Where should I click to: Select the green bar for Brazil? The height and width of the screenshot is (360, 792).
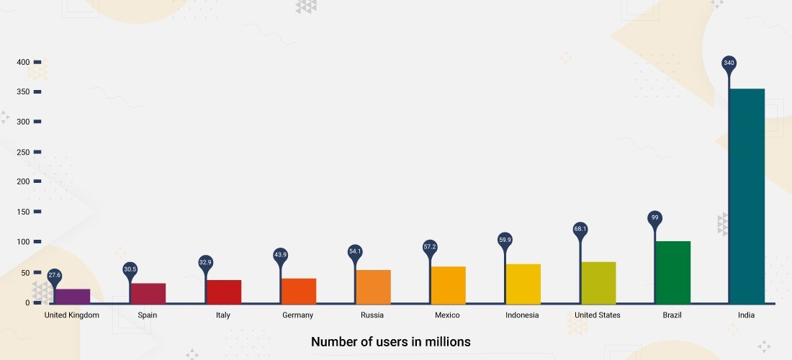(672, 272)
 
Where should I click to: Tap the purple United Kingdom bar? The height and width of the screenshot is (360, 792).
(73, 296)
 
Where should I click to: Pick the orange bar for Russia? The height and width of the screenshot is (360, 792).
(373, 287)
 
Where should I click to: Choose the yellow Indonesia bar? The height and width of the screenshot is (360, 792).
(523, 284)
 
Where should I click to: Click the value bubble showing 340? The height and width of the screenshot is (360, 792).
(729, 63)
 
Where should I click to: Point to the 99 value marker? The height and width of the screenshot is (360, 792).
(654, 217)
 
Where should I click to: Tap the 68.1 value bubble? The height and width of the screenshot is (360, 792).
(580, 229)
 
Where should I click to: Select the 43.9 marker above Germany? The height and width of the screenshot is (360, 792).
(280, 255)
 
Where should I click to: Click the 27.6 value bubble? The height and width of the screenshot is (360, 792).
(55, 275)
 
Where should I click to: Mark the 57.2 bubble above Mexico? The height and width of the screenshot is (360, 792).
(430, 247)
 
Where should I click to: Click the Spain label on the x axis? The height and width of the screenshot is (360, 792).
(147, 315)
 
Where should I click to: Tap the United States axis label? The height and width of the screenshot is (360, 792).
(598, 315)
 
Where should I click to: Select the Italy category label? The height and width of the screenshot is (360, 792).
(223, 315)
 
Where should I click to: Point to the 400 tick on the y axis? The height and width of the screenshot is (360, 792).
(24, 62)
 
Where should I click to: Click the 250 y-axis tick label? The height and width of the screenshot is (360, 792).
(24, 152)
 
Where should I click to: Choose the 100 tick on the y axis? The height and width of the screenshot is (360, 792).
(24, 242)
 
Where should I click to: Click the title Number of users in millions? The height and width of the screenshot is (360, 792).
(391, 341)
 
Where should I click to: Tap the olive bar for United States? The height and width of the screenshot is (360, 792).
(598, 283)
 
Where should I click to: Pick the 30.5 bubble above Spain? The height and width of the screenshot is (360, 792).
(130, 269)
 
